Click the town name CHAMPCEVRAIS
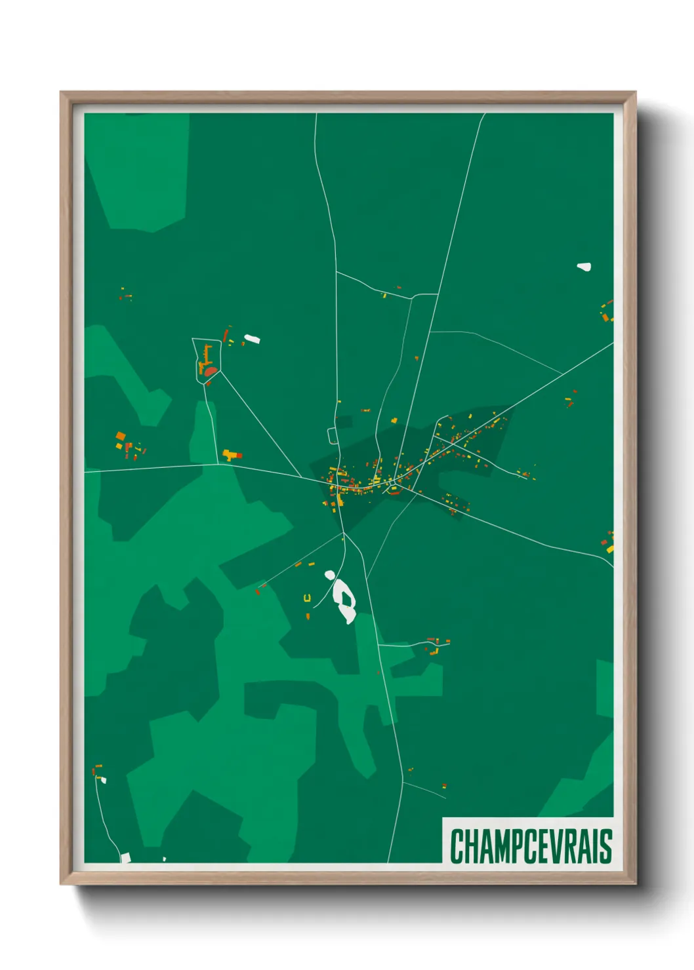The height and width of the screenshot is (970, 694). click(x=530, y=846)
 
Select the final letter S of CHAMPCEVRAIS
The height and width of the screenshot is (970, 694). click(x=606, y=846)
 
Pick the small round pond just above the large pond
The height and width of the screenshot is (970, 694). click(x=330, y=575)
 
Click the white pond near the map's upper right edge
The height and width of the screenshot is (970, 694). click(x=584, y=267)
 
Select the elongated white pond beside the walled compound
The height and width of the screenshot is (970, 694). click(x=252, y=339)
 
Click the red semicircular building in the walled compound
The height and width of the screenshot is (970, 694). click(x=210, y=372)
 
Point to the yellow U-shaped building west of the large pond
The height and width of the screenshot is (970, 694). click(x=306, y=597)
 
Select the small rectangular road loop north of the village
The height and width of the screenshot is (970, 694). click(x=332, y=435)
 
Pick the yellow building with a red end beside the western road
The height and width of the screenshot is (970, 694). click(x=232, y=454)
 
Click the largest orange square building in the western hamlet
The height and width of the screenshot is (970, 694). click(x=120, y=436)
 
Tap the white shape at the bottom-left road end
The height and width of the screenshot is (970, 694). click(x=125, y=857)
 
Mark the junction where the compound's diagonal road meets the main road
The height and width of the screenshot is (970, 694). click(x=301, y=476)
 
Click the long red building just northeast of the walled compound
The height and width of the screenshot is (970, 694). click(x=226, y=336)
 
